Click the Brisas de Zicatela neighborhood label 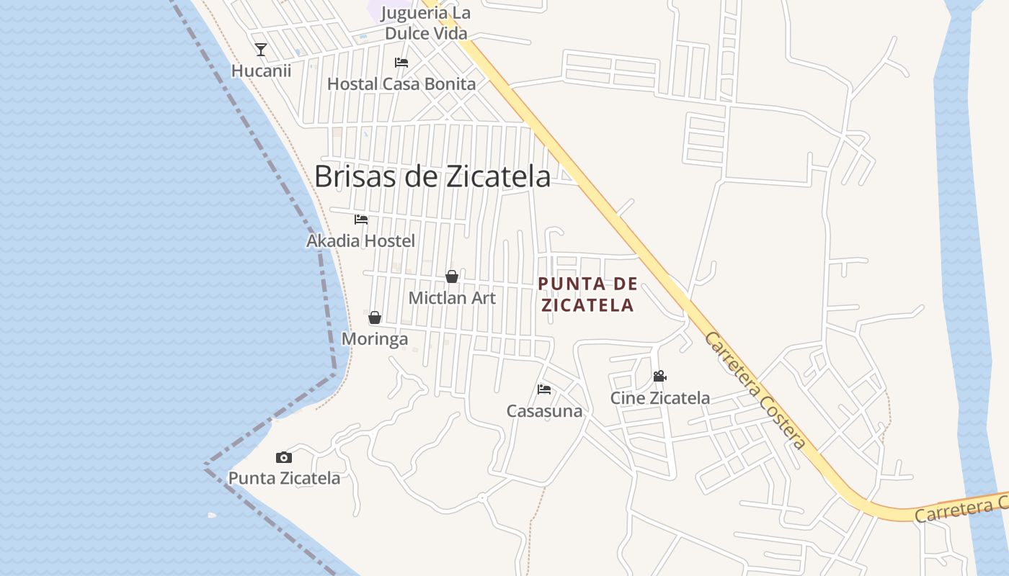click(x=432, y=176)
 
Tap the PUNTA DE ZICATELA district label click(x=587, y=294)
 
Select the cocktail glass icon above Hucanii click(x=261, y=50)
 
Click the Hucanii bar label click(x=261, y=71)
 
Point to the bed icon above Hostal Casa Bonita click(x=401, y=63)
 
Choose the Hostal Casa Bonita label click(x=401, y=84)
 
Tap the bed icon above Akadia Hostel click(x=361, y=220)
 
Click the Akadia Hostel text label click(x=360, y=240)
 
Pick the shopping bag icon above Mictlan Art click(x=452, y=276)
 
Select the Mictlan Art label click(x=452, y=297)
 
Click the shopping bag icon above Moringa click(x=375, y=318)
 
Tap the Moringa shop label click(x=375, y=338)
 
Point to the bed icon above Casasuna click(x=544, y=390)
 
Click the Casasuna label click(x=544, y=411)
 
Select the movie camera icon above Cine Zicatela click(x=659, y=376)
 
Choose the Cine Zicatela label click(x=659, y=397)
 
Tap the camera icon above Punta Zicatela click(x=284, y=457)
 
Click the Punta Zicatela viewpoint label click(x=284, y=478)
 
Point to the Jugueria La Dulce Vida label click(x=426, y=23)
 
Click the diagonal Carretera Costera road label click(x=755, y=390)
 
